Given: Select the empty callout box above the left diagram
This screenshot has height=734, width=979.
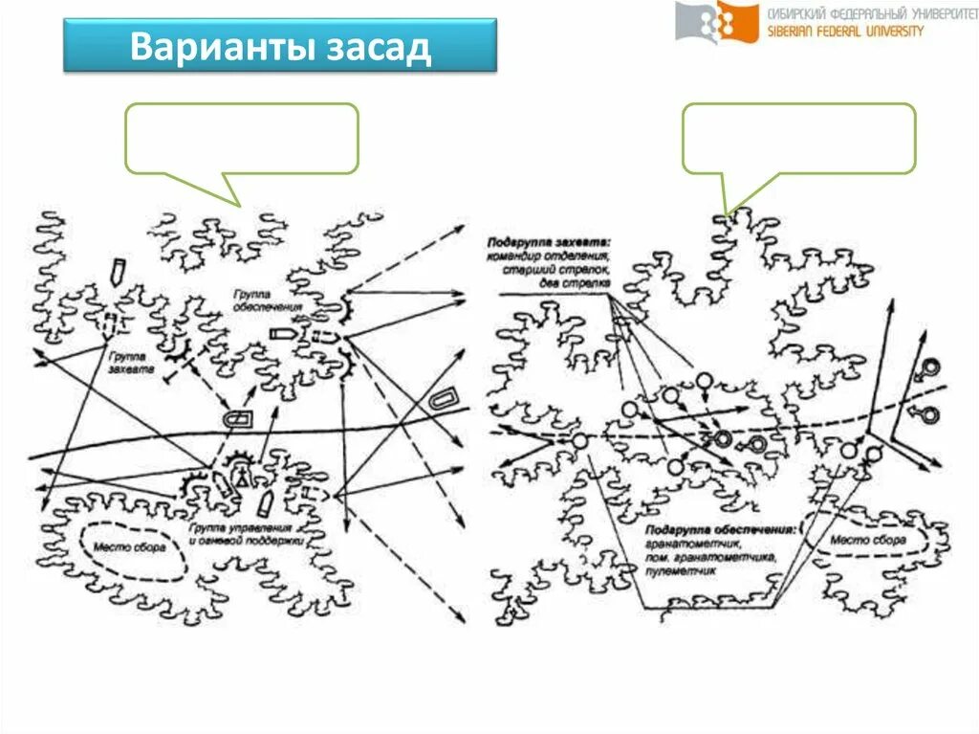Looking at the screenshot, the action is tap(241, 139).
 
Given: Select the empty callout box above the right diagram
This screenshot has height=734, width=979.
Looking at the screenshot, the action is tap(798, 139).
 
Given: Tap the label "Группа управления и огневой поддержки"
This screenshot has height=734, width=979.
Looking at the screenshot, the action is tap(246, 534).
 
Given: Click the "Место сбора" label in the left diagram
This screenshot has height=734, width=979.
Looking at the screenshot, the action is tap(129, 547).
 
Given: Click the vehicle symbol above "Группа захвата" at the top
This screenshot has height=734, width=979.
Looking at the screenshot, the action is tap(118, 271).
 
